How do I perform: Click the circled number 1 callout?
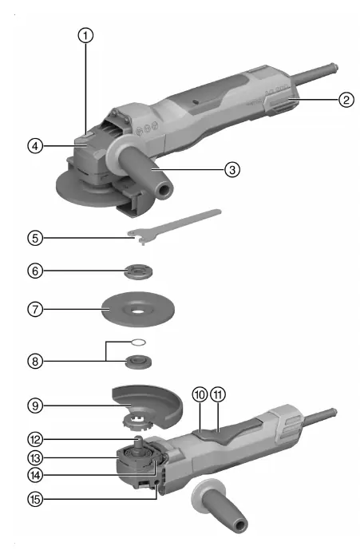coord(85,36)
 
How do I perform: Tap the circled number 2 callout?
coord(346,99)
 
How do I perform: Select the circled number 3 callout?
coord(232,169)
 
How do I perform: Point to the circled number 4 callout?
coord(35,146)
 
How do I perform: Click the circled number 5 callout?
coord(35,238)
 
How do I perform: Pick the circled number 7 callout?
coord(35,309)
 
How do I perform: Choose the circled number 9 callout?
coord(35,406)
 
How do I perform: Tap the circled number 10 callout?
coord(200,394)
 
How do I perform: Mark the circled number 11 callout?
coord(218,394)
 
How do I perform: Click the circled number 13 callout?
coord(35,457)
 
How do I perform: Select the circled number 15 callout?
coord(35,499)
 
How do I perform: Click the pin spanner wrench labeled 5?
coord(174,225)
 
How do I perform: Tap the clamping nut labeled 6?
coord(139,272)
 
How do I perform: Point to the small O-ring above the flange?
coord(138,342)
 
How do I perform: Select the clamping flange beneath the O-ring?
coord(139,362)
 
